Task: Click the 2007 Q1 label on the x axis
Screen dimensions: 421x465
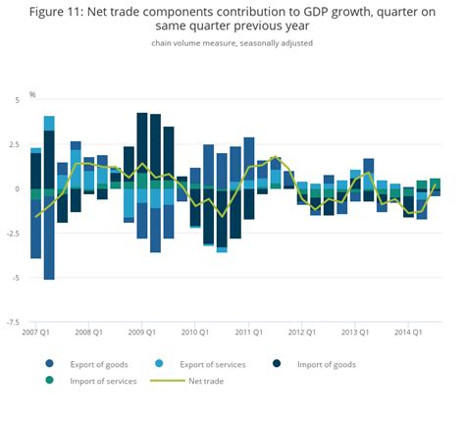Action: [36, 332]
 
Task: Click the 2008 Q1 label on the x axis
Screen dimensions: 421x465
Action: [89, 332]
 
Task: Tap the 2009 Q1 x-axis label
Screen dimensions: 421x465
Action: [143, 332]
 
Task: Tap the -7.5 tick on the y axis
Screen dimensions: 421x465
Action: [13, 322]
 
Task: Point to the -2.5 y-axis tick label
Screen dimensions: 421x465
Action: [13, 234]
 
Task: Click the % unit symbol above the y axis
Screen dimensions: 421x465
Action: [32, 94]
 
